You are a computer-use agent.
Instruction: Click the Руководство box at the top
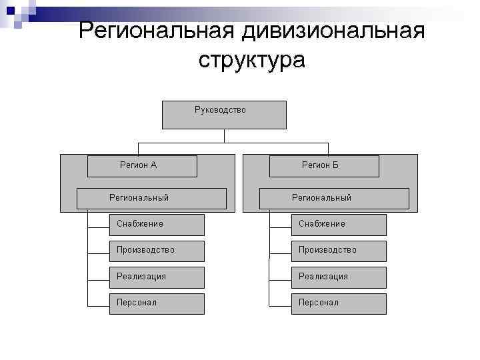click(x=224, y=115)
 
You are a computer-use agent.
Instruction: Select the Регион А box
click(x=143, y=166)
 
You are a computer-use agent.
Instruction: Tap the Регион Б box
click(x=324, y=166)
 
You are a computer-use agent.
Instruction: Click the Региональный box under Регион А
click(x=151, y=198)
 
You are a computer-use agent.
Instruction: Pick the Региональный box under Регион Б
click(x=334, y=198)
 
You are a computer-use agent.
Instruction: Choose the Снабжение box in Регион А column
click(x=156, y=225)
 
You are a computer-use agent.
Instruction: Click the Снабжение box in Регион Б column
click(x=338, y=225)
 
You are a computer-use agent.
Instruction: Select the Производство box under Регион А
click(x=156, y=251)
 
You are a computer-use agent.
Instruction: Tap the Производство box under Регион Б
click(x=338, y=251)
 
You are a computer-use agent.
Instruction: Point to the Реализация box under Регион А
click(x=156, y=277)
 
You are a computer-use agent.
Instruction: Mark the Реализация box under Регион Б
click(x=338, y=277)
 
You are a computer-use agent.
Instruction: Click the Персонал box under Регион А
click(x=156, y=303)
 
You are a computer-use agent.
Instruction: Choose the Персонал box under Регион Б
click(x=338, y=303)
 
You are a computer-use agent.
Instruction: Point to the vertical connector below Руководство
click(x=225, y=135)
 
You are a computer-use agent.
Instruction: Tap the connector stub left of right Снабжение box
click(x=280, y=225)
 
